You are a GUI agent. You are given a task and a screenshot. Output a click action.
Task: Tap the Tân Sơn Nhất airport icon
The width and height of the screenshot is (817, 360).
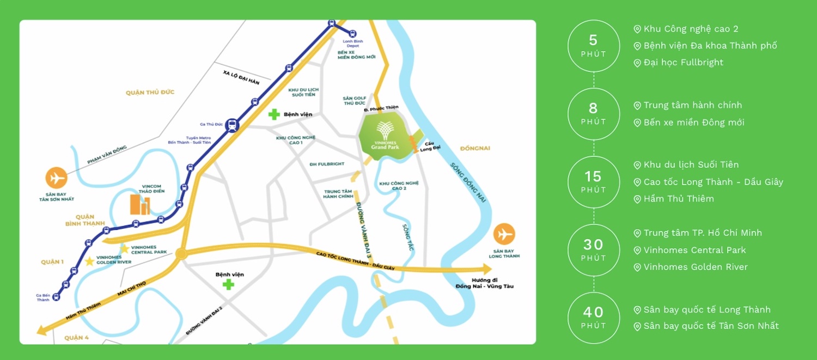click(56, 178)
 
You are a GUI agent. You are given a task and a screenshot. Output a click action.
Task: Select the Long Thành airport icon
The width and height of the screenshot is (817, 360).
click(504, 234)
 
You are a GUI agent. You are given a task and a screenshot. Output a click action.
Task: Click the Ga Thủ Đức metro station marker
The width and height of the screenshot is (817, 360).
click(232, 125)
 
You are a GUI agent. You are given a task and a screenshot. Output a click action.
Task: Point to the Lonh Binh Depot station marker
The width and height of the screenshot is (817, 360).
click(352, 34)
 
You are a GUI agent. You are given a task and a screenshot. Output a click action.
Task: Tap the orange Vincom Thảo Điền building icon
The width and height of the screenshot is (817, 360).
click(140, 204)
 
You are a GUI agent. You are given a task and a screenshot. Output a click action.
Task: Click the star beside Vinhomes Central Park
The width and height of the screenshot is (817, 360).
click(124, 249)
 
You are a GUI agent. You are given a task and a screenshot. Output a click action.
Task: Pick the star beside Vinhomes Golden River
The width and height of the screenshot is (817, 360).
click(89, 261)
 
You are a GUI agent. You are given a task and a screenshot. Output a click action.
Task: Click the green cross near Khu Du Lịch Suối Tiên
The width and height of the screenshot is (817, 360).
click(274, 114)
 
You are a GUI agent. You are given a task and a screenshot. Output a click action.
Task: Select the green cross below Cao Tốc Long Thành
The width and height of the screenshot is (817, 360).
click(228, 284)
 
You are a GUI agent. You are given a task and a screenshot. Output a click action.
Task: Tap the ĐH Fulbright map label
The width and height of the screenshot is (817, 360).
click(327, 164)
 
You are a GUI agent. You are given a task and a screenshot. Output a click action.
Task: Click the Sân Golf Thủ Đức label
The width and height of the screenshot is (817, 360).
click(354, 101)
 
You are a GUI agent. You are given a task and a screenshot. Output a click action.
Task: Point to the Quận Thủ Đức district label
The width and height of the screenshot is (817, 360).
click(150, 93)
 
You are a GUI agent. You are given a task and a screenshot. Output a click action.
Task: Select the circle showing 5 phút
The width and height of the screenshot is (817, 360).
click(593, 46)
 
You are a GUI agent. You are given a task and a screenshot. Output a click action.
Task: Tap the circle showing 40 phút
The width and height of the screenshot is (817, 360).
click(593, 318)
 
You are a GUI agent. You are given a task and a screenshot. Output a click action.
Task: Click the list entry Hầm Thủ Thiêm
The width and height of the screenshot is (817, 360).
click(678, 199)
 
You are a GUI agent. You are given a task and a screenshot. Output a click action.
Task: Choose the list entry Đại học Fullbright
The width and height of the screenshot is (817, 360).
click(683, 63)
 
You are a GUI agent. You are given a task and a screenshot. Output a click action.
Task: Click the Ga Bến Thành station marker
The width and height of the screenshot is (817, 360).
click(57, 297)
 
